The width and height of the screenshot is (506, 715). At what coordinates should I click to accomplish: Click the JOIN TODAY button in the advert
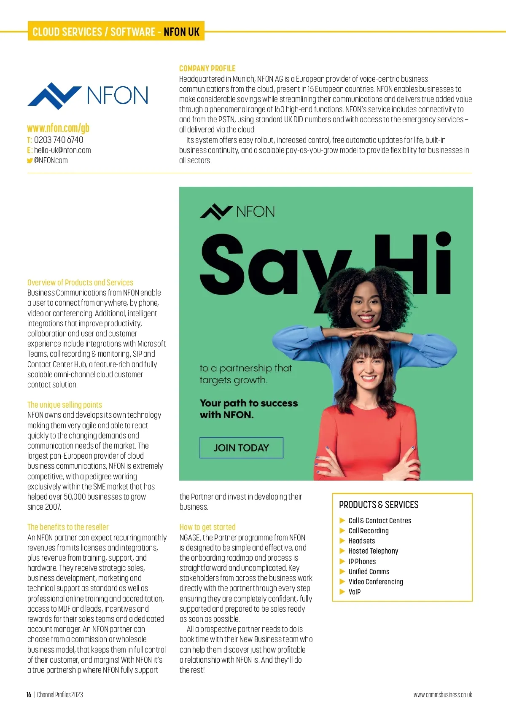pos(241,448)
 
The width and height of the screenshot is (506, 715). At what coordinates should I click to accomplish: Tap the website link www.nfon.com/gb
pos(58,128)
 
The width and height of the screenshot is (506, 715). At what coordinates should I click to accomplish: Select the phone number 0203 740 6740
pos(59,140)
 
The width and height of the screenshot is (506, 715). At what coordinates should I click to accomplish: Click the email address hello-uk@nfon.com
pos(62,150)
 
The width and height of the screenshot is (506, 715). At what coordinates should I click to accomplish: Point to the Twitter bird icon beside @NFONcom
pos(30,161)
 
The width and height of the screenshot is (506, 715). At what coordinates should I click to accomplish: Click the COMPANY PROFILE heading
pos(207,68)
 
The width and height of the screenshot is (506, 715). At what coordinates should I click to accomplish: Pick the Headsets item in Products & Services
pos(361,541)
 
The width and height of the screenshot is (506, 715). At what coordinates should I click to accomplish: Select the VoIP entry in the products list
pos(354,592)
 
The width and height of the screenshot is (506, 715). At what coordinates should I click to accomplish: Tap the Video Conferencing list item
pos(375,582)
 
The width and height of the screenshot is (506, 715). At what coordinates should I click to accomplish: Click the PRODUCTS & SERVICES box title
pos(379,505)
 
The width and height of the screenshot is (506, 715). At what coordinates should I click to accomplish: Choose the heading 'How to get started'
pos(207,527)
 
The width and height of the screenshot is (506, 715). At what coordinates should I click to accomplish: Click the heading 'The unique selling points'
pos(65,405)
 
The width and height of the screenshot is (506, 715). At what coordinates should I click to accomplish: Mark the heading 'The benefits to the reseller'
pos(68,527)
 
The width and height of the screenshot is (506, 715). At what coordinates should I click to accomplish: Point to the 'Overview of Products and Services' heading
pos(80,282)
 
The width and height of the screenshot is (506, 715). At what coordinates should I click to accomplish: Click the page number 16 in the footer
pos(29,695)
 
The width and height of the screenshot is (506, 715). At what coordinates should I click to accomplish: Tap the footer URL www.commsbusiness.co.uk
pos(443,695)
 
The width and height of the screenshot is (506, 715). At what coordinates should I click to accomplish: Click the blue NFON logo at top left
pos(88,95)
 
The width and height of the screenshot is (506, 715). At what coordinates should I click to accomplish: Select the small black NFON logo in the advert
pos(237,211)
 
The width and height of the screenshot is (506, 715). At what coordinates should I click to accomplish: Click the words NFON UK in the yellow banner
pos(181,32)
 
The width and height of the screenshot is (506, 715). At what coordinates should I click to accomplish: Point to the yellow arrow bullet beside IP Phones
pos(342,562)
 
